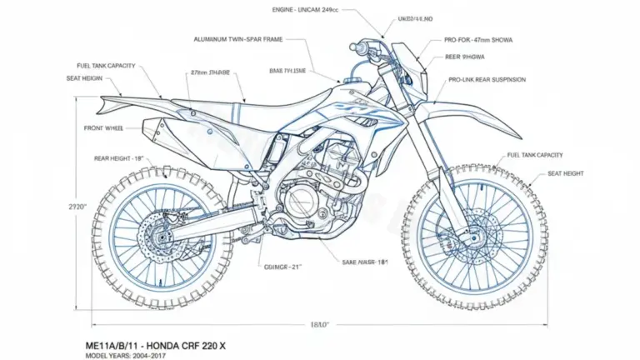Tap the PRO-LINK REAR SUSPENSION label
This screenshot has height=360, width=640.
point(487,80)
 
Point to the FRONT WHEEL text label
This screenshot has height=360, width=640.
point(105,128)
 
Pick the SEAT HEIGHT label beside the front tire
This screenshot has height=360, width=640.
point(566,173)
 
